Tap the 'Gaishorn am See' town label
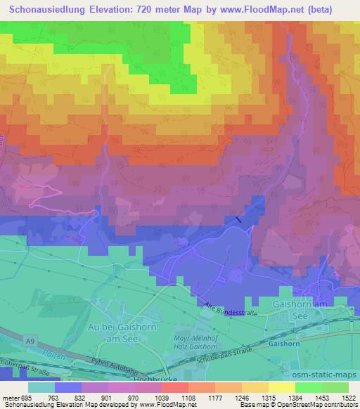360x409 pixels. point(320,306)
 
